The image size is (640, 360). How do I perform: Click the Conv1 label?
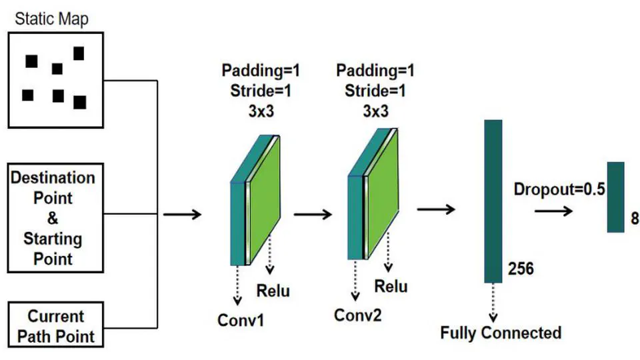click(x=241, y=320)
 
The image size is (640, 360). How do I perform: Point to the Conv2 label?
click(x=358, y=315)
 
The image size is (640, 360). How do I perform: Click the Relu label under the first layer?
click(x=273, y=291)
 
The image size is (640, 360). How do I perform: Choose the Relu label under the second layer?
click(x=391, y=287)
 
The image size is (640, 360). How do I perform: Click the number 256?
click(x=521, y=269)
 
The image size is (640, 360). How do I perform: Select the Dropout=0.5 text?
click(x=559, y=189)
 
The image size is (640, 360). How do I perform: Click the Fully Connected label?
click(x=501, y=332)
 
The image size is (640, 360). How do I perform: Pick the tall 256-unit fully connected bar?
click(x=493, y=201)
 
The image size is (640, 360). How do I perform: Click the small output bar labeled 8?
click(x=615, y=197)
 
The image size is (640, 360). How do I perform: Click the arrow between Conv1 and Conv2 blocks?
click(x=313, y=215)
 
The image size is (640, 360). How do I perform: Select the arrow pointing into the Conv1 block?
click(x=182, y=215)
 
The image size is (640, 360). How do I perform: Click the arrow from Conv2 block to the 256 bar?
click(x=436, y=209)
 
